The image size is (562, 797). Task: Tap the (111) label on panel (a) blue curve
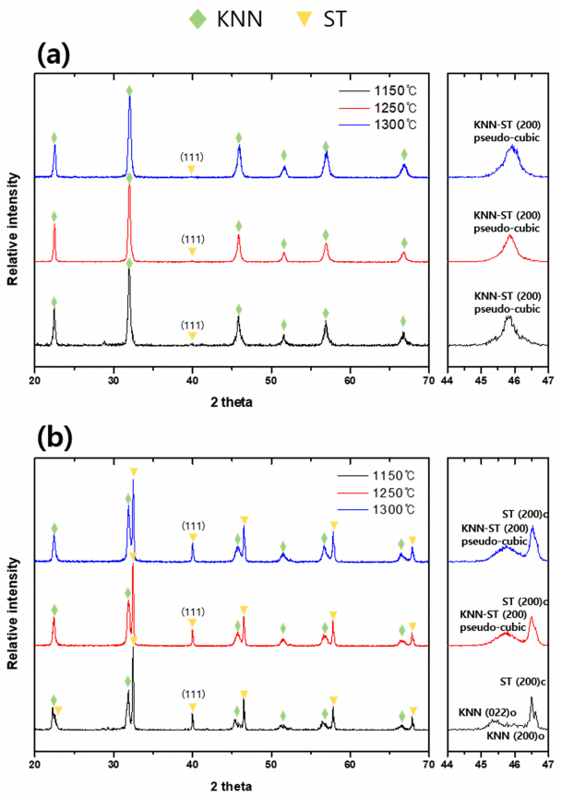click(x=192, y=157)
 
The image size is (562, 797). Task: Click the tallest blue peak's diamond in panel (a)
click(x=129, y=89)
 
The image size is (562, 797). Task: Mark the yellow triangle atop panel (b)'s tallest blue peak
click(x=134, y=472)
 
